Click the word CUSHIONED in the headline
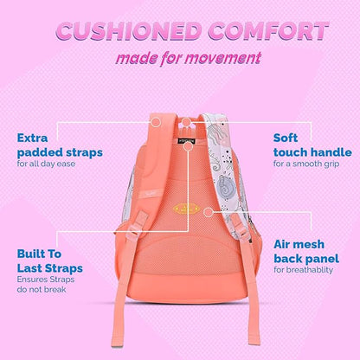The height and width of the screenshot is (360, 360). click(x=110, y=32)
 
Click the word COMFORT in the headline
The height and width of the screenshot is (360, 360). click(x=264, y=32)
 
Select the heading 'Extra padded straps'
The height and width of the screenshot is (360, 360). click(x=59, y=145)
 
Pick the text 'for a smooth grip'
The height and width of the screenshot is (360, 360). click(x=304, y=164)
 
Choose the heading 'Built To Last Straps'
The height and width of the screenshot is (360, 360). click(x=52, y=261)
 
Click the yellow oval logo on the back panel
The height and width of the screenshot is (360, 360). click(x=182, y=209)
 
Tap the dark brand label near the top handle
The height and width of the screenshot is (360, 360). click(x=184, y=132)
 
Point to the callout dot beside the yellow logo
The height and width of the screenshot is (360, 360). click(x=208, y=209)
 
